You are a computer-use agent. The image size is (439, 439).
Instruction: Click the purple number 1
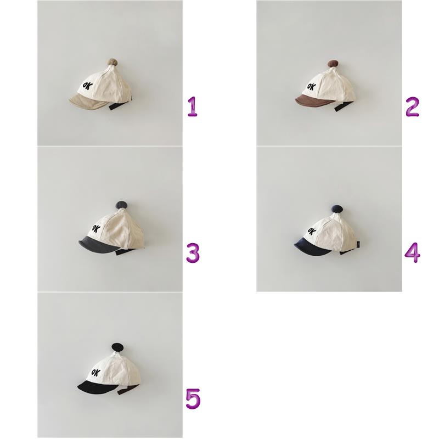pos(193,106)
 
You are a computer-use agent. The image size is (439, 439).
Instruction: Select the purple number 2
pos(412,106)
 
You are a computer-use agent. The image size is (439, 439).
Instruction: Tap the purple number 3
pos(193,253)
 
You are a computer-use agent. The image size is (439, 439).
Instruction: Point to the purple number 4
pos(413,252)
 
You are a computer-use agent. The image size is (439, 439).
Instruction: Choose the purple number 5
pos(193,399)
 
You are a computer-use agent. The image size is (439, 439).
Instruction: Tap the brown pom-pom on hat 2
pos(333,64)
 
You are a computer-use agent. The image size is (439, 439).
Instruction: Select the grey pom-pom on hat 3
pos(121,205)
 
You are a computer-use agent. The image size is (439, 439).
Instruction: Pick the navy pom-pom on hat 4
pos(337,209)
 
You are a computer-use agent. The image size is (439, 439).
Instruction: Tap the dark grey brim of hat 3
pos(99,244)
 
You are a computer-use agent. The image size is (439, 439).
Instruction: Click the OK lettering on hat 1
pos(87,87)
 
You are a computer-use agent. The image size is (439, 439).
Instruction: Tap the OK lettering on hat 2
pos(312,86)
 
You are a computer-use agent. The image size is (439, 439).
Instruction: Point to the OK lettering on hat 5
pos(97,373)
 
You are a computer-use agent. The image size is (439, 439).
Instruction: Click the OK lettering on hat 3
pos(95,229)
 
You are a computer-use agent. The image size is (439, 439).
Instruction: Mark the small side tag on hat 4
pos(358,244)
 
